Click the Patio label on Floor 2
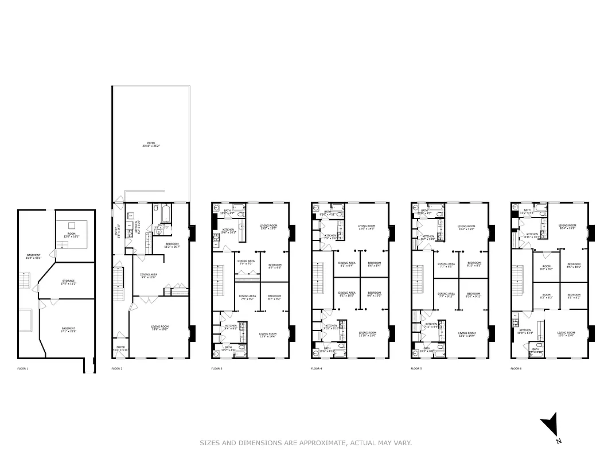[x=151, y=145]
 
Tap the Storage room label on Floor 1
[x=68, y=282]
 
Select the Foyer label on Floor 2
[x=120, y=348]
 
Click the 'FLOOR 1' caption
[x=22, y=368]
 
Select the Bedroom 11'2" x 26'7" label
[x=171, y=246]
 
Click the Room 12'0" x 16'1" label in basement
[x=71, y=235]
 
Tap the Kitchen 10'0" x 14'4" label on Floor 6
[x=525, y=332]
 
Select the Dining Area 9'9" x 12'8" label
[x=149, y=276]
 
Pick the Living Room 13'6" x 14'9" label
[x=367, y=227]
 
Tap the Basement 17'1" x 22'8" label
[x=68, y=330]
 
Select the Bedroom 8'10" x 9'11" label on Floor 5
[x=473, y=295]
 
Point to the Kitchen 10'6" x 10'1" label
[x=228, y=231]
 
